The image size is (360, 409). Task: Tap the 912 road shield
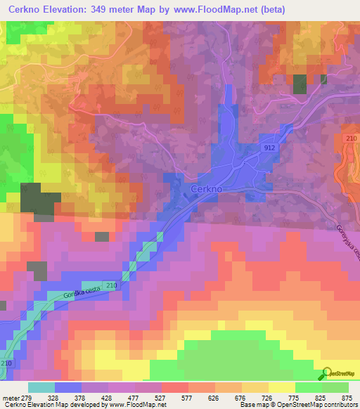[271, 149]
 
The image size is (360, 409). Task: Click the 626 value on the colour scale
[214, 398]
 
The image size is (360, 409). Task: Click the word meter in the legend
[11, 398]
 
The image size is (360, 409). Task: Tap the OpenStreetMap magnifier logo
[327, 373]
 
